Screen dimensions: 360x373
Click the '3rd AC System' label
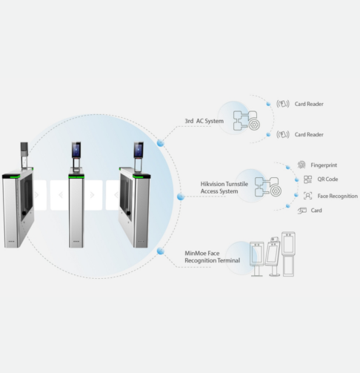(x=204, y=121)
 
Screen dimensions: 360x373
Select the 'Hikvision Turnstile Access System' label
(x=224, y=188)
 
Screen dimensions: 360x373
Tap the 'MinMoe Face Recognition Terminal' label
(x=213, y=257)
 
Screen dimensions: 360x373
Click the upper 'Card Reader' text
(x=309, y=104)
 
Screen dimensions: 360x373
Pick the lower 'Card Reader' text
(x=309, y=134)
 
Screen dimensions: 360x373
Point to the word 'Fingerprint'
(x=324, y=165)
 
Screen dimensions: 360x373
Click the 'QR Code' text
(x=327, y=179)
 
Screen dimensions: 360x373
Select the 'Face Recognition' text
(x=338, y=196)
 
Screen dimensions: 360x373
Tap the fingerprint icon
(x=301, y=165)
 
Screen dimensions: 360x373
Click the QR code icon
(x=307, y=179)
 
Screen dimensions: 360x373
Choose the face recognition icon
(x=307, y=196)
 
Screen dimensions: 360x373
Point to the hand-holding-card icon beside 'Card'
(x=302, y=211)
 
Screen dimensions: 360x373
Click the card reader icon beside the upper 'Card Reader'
(x=283, y=104)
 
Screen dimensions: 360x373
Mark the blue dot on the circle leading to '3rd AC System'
(x=160, y=143)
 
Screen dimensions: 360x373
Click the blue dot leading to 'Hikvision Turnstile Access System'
(x=181, y=197)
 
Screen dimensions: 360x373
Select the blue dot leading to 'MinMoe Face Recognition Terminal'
(x=160, y=251)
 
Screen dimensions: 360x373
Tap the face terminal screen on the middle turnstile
(x=76, y=150)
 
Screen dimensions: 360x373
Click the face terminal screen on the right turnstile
(x=139, y=150)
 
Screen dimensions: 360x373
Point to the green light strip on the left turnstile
(x=11, y=176)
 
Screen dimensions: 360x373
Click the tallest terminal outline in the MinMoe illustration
(x=288, y=254)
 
